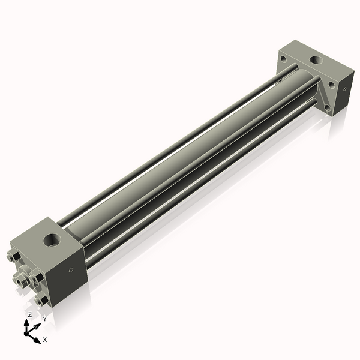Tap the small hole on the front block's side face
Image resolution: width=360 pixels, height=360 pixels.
point(72,270)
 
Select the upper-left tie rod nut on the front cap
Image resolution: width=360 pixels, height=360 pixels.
point(14,259)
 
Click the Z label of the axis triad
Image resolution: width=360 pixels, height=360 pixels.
point(29,314)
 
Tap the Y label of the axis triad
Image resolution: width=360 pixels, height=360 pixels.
point(44,319)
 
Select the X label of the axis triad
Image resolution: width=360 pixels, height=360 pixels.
point(45,339)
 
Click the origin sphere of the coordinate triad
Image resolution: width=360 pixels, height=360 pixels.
point(29,331)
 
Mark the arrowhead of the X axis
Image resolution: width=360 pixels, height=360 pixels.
point(38,338)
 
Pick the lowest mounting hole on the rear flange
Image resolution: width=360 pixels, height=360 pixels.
point(327,107)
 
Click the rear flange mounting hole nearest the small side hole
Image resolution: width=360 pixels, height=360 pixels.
point(332,85)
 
